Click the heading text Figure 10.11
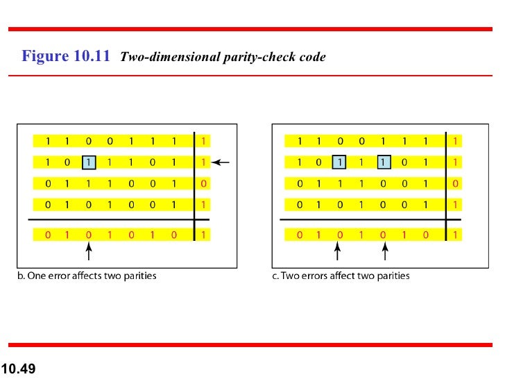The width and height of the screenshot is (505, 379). pos(66,56)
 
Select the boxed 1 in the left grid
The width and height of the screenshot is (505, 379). pos(89,162)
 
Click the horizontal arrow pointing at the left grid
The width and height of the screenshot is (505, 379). pos(220,162)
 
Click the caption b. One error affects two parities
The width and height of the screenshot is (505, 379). pos(87,276)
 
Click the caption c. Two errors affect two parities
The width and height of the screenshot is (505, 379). pos(341,276)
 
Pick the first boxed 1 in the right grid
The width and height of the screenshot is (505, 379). pos(340,162)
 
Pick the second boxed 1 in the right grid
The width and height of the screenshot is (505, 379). pos(382,162)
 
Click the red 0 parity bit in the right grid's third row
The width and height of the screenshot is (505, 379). pos(454,184)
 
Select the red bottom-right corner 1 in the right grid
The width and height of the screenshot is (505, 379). pos(454,235)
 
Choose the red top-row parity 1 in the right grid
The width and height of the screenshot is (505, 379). pos(454,141)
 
